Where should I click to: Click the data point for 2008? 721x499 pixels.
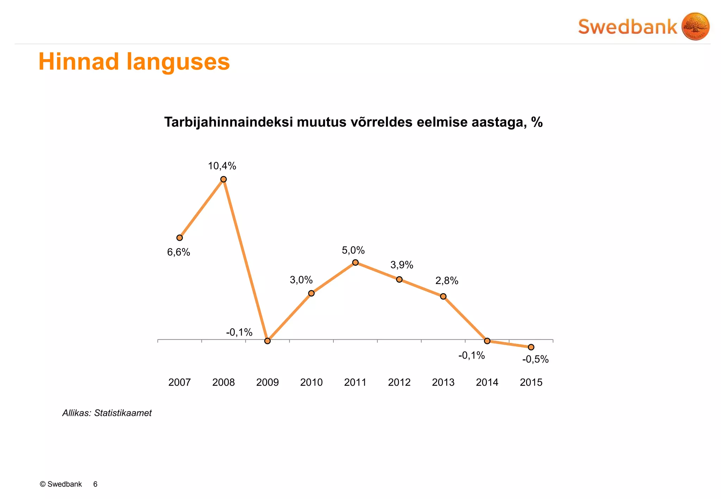point(223,179)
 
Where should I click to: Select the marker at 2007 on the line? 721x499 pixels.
point(180,238)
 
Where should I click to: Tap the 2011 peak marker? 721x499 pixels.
point(355,262)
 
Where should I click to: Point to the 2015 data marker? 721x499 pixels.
point(531,347)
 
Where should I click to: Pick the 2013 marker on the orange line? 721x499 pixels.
point(443,296)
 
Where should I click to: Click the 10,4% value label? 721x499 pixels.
point(222,166)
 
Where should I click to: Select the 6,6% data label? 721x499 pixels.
point(178,252)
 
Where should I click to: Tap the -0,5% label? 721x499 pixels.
point(535,359)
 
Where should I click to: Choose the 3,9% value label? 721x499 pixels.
point(402,265)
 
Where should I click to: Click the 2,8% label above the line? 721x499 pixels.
point(447,280)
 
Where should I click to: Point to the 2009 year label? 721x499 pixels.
point(267,382)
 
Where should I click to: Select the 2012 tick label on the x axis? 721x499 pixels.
point(399,382)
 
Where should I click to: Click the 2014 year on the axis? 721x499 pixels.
point(487,382)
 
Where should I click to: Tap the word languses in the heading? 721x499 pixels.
point(178,62)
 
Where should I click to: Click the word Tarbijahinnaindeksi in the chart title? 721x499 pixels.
point(228,122)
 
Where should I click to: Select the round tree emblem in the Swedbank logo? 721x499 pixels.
point(695,26)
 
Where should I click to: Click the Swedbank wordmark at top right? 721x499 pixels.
point(627,27)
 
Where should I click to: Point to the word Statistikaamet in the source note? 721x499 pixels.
point(123,413)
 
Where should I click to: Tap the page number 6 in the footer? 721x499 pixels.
point(95,484)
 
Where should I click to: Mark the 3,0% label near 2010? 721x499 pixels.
point(301,280)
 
